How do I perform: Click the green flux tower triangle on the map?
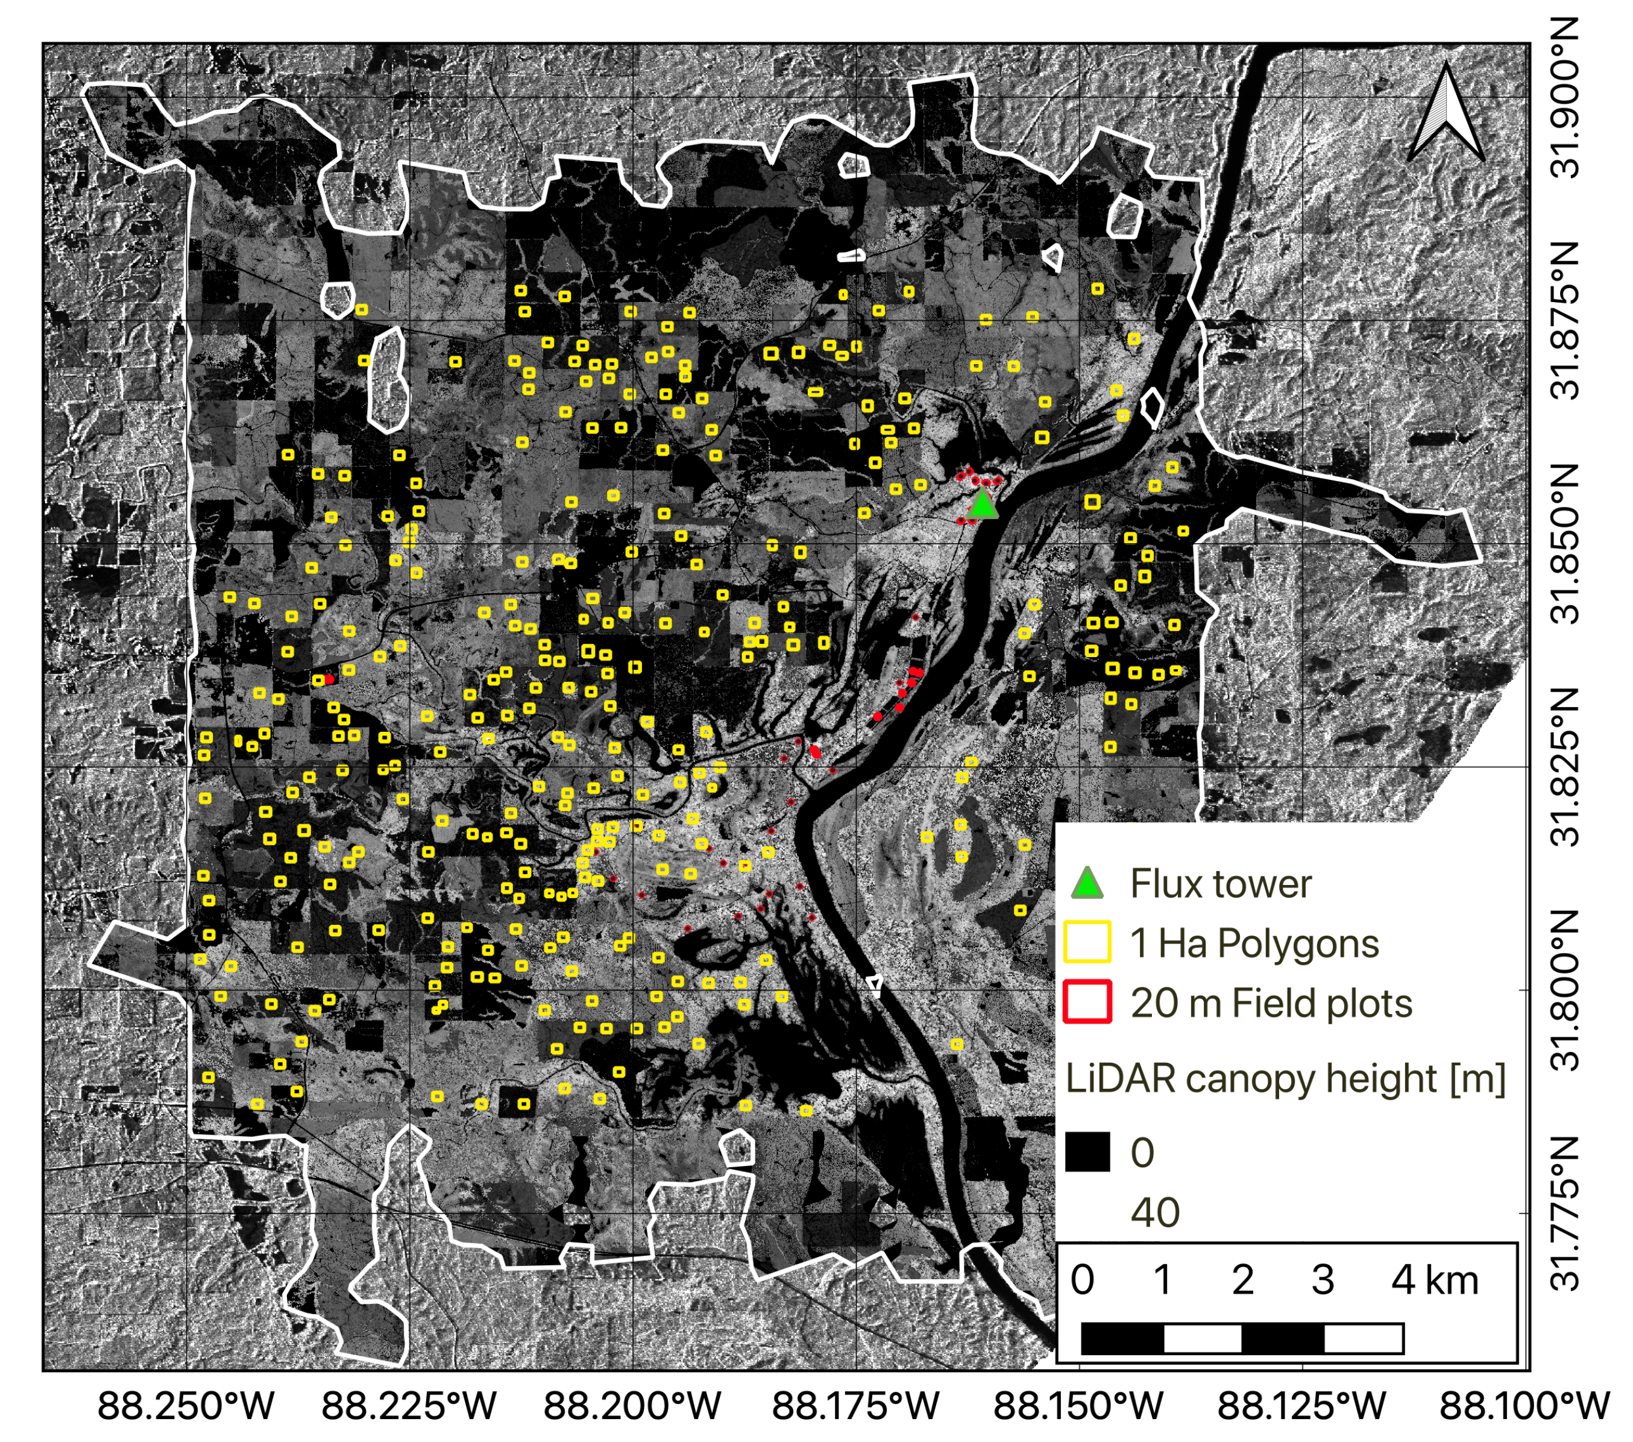pyautogui.click(x=983, y=506)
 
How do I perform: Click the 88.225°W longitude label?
pyautogui.click(x=409, y=1405)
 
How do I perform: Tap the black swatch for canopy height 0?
pyautogui.click(x=1087, y=1152)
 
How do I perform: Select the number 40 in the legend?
pyautogui.click(x=1154, y=1213)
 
